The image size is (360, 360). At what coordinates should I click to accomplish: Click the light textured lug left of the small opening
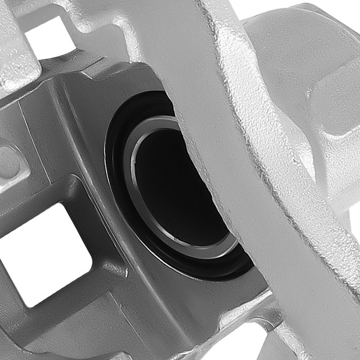point(18,48)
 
